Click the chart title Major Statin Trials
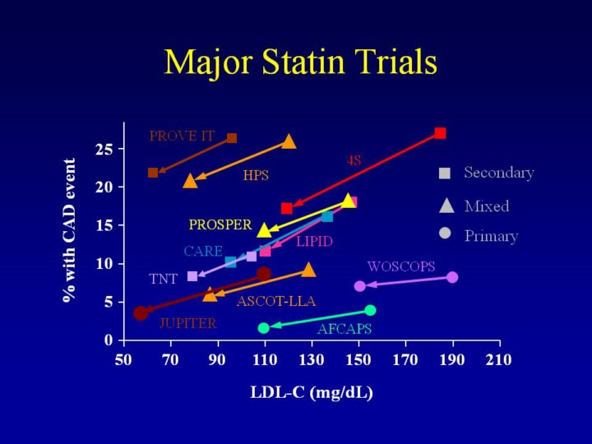point(300,62)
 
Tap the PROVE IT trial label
point(182,136)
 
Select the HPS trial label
point(256,175)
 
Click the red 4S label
point(354,160)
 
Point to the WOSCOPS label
point(401,267)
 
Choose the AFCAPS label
point(345,329)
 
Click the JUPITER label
point(187,323)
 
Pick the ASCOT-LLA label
point(276,302)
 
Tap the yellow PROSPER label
point(220,224)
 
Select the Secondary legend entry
point(498,173)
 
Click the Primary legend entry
point(491,236)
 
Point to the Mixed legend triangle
point(446,206)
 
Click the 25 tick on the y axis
point(104,149)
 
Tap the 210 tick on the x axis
point(499,359)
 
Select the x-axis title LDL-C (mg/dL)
point(312,393)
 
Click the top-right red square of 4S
point(440,133)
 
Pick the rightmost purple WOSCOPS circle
point(452,277)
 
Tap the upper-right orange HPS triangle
point(289,141)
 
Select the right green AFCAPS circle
point(370,310)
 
